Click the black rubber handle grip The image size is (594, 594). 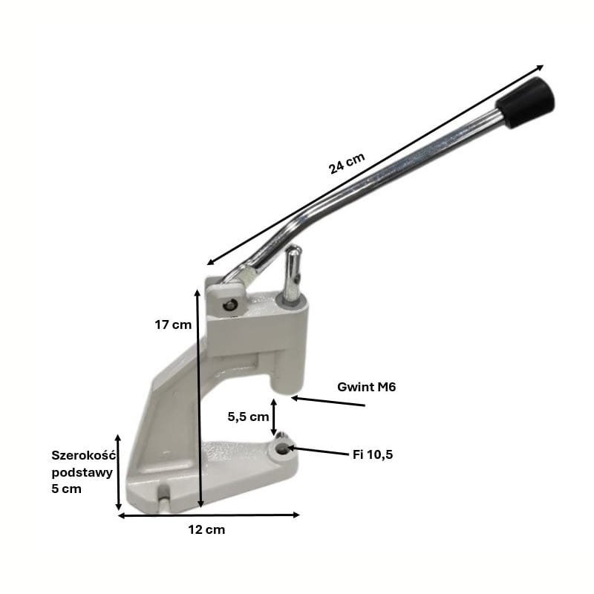click(x=526, y=102)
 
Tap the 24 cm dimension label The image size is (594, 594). click(x=347, y=163)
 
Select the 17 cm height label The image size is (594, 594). click(x=173, y=324)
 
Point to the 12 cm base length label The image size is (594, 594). click(x=206, y=529)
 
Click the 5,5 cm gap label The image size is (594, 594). click(x=248, y=417)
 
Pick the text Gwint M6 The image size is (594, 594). click(x=366, y=387)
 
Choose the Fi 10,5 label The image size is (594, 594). click(x=373, y=454)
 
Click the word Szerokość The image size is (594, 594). click(x=83, y=455)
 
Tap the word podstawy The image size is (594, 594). click(x=82, y=472)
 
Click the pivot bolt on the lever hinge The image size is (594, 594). click(x=230, y=304)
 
